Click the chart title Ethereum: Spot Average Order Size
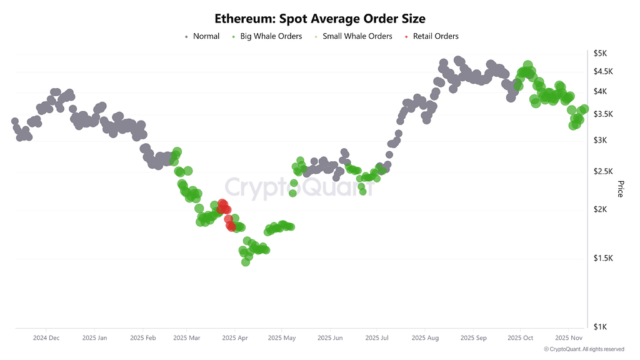pos(320,19)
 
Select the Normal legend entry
pos(206,36)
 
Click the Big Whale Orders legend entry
pos(271,36)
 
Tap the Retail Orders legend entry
pos(436,36)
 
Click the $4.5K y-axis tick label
pos(603,72)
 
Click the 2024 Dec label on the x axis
pos(46,338)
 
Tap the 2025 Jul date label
pos(377,338)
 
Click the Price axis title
pos(621,189)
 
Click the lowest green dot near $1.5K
pos(246,262)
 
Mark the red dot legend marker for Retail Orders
pos(407,37)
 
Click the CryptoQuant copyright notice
pos(584,349)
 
